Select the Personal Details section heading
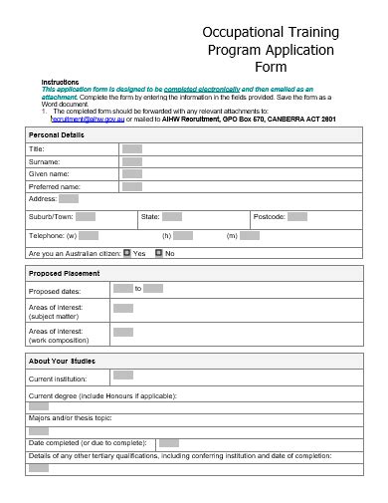[57, 134]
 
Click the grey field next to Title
[131, 148]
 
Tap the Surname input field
[131, 161]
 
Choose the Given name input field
[131, 174]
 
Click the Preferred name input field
[131, 186]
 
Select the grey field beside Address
[69, 199]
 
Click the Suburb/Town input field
[86, 216]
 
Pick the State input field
[172, 216]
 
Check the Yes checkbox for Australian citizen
[127, 254]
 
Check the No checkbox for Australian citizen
[158, 254]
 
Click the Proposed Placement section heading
[65, 273]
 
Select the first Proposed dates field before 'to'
[122, 289]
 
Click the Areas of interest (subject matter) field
[122, 309]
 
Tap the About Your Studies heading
[62, 361]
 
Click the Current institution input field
[122, 376]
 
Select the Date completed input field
[169, 442]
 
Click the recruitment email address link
[88, 118]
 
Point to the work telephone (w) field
[88, 236]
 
